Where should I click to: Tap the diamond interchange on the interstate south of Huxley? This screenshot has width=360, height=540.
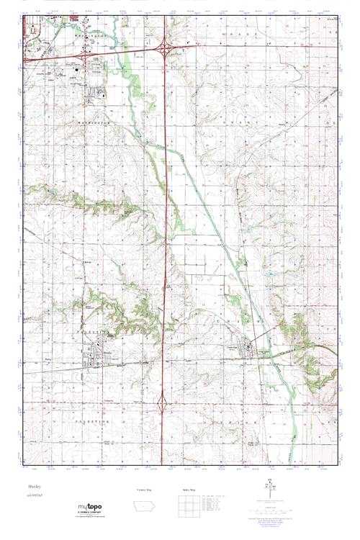[164, 398]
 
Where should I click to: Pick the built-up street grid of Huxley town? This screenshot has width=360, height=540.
[94, 353]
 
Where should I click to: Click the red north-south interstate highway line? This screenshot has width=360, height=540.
[166, 216]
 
